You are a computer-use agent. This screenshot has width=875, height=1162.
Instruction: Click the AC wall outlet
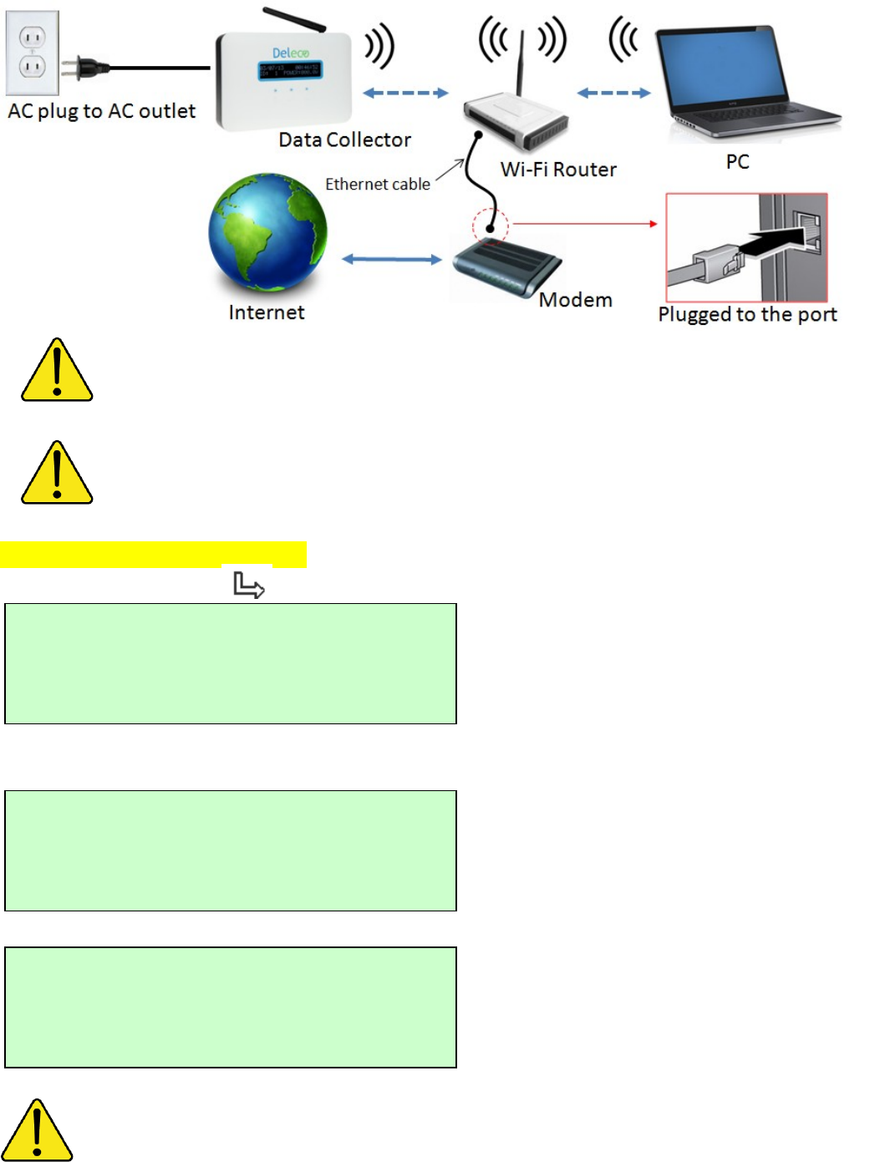click(33, 53)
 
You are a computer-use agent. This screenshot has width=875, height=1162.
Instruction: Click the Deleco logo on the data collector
click(290, 53)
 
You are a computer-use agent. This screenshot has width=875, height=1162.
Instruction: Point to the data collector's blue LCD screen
click(290, 70)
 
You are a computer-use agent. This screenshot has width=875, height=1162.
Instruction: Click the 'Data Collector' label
click(344, 140)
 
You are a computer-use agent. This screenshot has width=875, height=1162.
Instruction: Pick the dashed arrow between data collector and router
click(405, 93)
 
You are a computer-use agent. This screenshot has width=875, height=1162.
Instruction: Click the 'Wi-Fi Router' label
click(558, 170)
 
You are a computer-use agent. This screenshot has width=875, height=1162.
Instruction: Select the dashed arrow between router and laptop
click(613, 93)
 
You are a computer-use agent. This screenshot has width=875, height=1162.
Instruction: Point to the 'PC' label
click(737, 162)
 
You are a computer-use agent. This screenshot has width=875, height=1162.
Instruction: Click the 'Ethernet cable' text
click(378, 184)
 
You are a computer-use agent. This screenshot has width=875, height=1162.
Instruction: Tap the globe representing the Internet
click(267, 233)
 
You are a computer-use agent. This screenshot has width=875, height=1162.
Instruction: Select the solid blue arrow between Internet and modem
click(391, 260)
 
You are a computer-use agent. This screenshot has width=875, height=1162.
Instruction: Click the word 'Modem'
click(575, 300)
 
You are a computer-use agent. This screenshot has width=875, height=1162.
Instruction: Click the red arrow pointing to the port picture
click(585, 224)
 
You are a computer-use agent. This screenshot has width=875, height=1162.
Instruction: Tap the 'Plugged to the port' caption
click(747, 315)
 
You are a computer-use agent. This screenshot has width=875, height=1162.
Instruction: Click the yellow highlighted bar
click(154, 554)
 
